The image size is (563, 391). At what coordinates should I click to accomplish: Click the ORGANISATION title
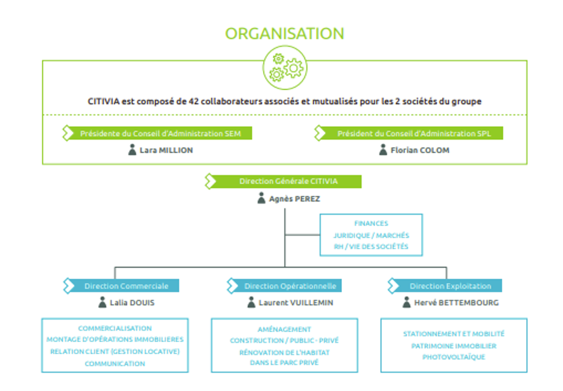[285, 34]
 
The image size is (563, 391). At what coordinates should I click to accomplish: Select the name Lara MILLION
[166, 150]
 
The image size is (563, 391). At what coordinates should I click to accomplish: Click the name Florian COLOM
[415, 150]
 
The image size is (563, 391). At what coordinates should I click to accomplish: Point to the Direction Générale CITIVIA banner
[288, 182]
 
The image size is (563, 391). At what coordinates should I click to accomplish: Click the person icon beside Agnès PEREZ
[261, 199]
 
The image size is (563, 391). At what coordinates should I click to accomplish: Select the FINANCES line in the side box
[371, 223]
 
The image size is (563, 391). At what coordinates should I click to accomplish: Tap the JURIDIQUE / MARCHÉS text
[371, 235]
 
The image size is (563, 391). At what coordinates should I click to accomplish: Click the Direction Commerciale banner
[126, 286]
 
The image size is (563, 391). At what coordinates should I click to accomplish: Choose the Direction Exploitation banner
[450, 286]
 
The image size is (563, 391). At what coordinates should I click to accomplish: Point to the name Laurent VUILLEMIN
[295, 303]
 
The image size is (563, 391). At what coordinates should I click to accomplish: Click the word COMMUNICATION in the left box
[115, 364]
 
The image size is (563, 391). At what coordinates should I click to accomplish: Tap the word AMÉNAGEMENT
[284, 329]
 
